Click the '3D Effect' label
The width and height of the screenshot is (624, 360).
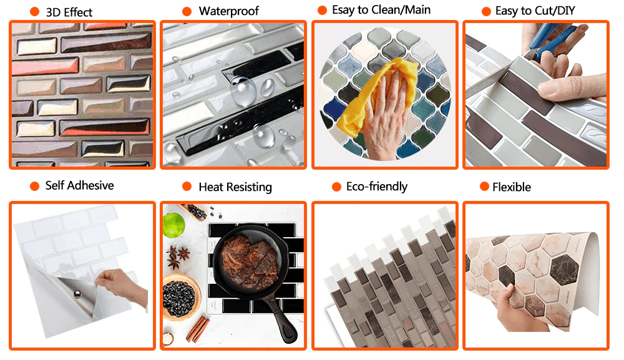point(69,12)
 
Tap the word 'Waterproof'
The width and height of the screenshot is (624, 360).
point(229,11)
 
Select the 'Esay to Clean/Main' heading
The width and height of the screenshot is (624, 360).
point(381,10)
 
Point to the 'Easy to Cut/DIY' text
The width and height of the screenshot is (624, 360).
point(535,11)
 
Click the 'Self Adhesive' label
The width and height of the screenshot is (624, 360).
point(80,185)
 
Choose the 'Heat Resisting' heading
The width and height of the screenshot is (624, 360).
point(235,187)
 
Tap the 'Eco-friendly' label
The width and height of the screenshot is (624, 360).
point(376,187)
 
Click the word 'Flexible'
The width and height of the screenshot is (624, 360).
point(512,187)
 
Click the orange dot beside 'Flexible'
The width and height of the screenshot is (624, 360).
point(484,187)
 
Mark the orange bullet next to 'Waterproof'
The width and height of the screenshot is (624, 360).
point(187,11)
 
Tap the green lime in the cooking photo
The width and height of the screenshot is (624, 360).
point(173,225)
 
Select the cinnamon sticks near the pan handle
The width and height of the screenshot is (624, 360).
point(197,329)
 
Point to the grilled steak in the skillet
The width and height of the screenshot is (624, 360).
point(250,261)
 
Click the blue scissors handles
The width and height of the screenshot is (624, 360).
point(551,40)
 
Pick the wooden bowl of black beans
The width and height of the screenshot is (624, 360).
point(181,297)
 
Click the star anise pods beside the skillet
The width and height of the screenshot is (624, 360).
point(178,256)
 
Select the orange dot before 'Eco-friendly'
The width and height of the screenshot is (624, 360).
point(337,187)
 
